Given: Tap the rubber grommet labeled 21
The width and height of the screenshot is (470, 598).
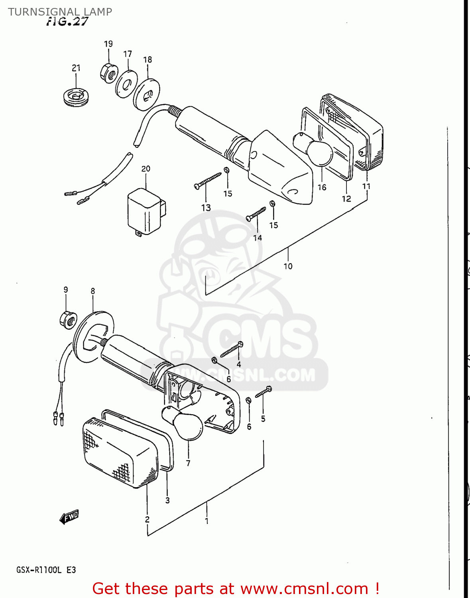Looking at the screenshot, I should click(76, 97).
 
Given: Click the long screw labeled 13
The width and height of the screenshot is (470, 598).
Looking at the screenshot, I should click(208, 181).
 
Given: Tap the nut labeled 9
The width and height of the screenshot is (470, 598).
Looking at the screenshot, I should click(68, 320).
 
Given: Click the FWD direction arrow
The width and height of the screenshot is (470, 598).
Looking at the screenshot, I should click(69, 517).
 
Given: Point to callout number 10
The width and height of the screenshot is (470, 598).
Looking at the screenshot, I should click(288, 266).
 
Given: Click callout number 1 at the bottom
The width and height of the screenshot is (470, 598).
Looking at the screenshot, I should click(206, 520).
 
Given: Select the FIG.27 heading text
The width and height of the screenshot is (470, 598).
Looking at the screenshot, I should click(67, 22).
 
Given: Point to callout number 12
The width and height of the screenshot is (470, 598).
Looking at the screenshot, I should click(346, 199).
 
